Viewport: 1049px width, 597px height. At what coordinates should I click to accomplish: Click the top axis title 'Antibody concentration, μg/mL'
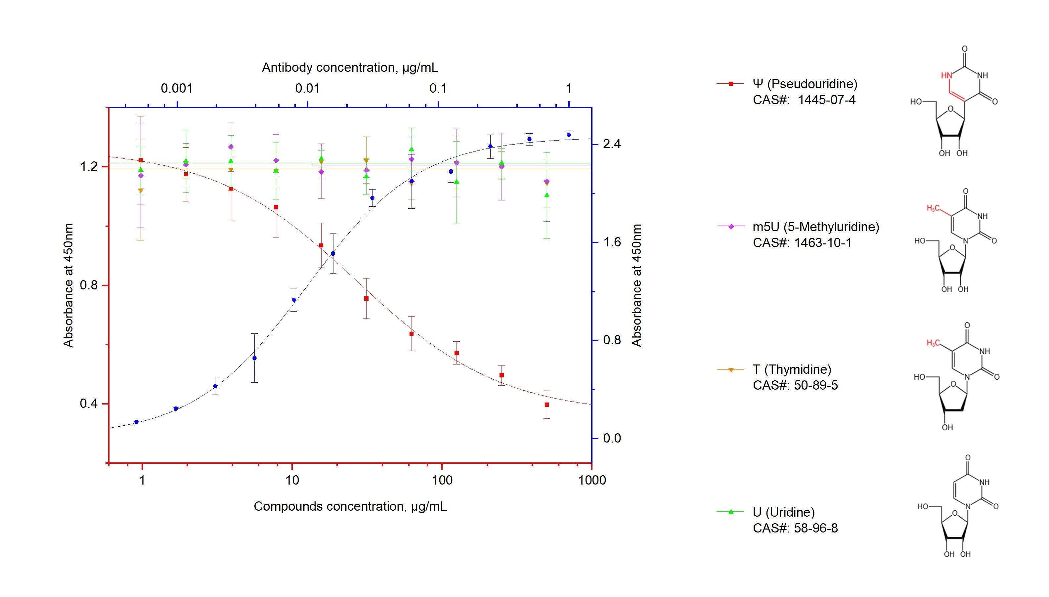point(350,67)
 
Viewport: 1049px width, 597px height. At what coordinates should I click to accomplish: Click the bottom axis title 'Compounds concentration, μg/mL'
point(350,506)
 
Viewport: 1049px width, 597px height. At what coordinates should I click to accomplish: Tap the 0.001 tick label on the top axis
point(176,88)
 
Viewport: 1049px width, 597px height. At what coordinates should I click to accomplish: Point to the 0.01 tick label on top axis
point(307,88)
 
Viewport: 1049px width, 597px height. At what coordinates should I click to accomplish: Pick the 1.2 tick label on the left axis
point(89,167)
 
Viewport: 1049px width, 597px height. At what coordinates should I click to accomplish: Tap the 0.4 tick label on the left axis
point(89,404)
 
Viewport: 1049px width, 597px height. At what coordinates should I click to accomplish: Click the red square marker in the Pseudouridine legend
point(730,84)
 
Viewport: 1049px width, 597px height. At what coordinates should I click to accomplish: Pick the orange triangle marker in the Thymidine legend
point(730,370)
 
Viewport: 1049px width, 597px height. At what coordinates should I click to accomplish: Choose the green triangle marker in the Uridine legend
point(730,511)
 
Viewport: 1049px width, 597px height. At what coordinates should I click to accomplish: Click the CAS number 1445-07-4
point(826,100)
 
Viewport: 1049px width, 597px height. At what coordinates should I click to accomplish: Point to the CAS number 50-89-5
point(816,385)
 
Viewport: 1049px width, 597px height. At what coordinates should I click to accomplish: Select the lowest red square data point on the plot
point(546,405)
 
